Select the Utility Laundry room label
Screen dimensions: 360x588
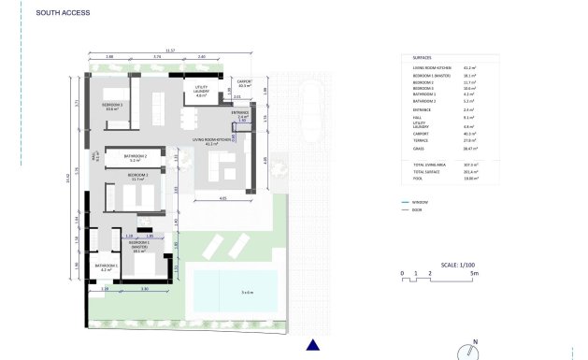(x=201, y=92)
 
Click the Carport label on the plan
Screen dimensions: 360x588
(x=245, y=83)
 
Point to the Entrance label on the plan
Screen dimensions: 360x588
(x=240, y=114)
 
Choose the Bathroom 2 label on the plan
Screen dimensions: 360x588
(x=136, y=157)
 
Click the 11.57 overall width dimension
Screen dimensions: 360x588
(x=168, y=50)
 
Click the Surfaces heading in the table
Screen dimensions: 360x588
(x=422, y=57)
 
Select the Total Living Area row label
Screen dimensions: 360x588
(x=430, y=165)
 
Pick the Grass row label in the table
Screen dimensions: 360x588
(x=419, y=149)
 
